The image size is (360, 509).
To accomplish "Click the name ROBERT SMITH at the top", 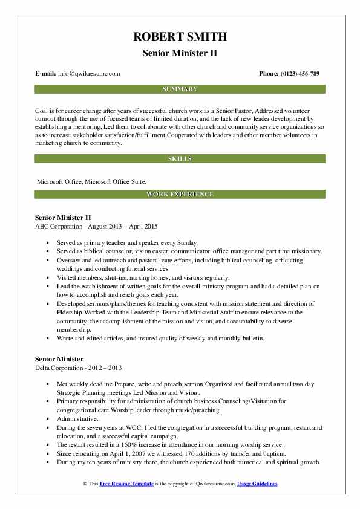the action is click(x=180, y=37).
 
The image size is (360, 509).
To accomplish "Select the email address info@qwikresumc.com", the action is click(x=89, y=74).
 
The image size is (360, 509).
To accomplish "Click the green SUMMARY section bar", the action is click(x=180, y=89).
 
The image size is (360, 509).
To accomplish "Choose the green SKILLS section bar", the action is click(x=180, y=158).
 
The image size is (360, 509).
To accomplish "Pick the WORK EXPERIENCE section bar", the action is click(x=180, y=194).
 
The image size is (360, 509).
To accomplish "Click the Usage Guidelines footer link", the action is click(x=257, y=484).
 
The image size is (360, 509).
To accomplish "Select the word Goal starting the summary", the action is click(x=42, y=111).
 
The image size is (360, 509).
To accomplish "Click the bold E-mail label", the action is click(x=45, y=74).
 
